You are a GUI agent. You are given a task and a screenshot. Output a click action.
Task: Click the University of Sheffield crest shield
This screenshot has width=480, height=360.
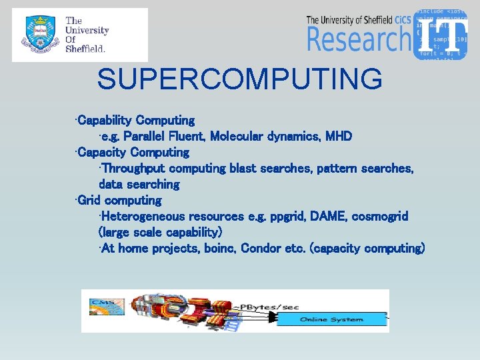tap(37, 35)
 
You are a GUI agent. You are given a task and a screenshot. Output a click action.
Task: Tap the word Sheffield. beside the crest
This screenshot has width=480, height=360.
tap(85, 49)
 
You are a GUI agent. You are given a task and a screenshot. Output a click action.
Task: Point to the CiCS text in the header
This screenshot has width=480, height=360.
tap(401, 19)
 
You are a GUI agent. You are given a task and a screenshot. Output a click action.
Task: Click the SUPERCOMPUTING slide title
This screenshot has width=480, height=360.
tap(240, 79)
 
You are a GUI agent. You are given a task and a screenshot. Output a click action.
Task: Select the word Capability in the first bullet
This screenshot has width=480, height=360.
tap(105, 121)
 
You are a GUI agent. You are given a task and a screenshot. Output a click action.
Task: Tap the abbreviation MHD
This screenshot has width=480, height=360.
tap(339, 137)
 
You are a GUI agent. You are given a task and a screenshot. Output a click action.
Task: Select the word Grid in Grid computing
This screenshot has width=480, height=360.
tap(89, 200)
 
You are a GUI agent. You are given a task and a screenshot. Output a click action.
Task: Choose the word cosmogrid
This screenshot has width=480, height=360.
tap(381, 217)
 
